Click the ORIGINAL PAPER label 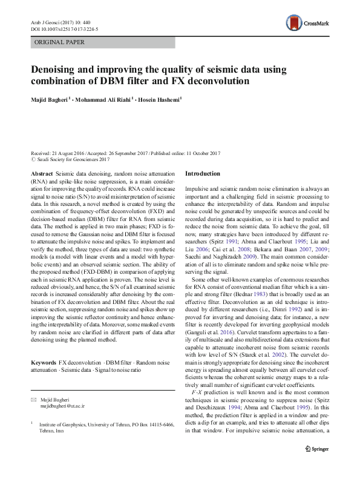click(59, 42)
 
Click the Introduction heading click(202, 174)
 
